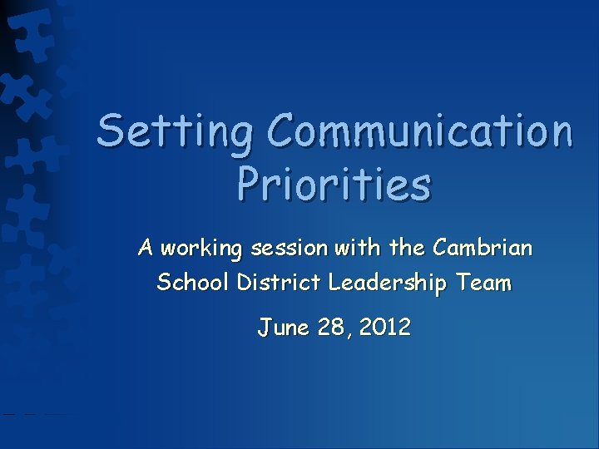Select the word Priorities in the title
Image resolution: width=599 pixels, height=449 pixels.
point(334,185)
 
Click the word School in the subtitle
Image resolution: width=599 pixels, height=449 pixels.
point(194,283)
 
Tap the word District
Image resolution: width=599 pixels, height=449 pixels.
point(280,283)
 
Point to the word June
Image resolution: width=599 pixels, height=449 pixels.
point(283,327)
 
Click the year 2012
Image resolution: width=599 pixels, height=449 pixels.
point(382,327)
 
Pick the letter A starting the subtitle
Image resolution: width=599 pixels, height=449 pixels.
point(146,248)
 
